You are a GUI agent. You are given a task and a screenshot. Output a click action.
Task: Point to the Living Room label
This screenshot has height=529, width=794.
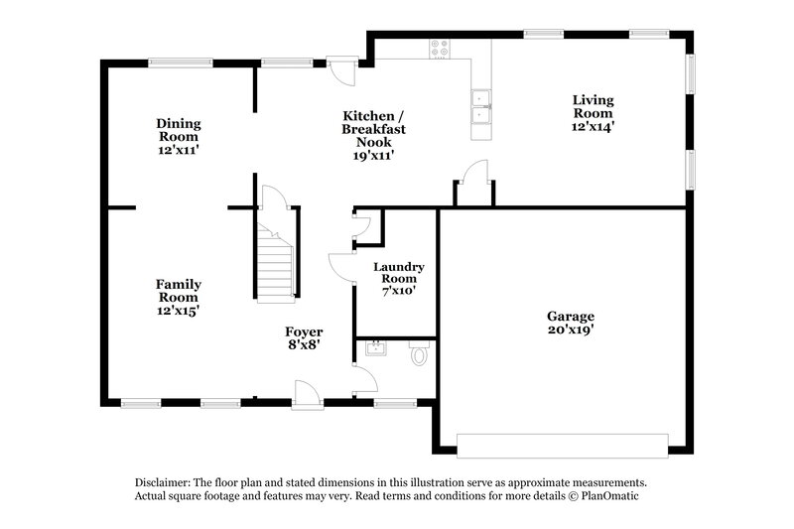tap(594, 106)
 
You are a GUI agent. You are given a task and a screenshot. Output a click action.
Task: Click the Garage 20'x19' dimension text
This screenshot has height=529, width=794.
tap(571, 330)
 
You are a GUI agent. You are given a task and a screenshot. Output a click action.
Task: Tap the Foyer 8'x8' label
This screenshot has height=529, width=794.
tap(303, 338)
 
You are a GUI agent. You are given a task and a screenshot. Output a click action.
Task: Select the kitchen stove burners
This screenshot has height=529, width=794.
tap(439, 47)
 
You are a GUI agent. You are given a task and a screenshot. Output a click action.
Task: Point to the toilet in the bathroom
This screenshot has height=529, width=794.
tap(419, 352)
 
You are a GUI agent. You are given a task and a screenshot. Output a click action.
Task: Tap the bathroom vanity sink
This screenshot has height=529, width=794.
tap(374, 348)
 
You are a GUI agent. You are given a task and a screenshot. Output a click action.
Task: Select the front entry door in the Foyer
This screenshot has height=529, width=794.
tap(308, 396)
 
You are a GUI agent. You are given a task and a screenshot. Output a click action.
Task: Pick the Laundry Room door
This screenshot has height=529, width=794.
tap(340, 267)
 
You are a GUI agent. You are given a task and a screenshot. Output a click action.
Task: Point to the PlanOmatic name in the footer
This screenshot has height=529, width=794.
tap(617, 495)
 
